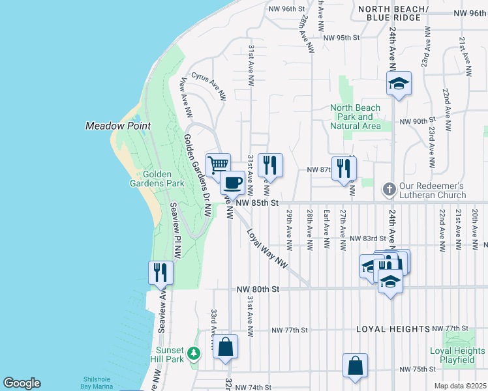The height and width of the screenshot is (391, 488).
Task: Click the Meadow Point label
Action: coord(118,126)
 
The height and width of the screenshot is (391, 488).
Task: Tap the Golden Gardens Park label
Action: coord(164,179)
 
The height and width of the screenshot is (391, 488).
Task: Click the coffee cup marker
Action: coord(232,182)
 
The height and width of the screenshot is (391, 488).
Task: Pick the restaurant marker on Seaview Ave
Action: coord(160,272)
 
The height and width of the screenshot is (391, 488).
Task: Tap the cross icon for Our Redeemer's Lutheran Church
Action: coord(388,190)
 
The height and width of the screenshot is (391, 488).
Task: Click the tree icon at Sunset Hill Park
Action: coord(193,353)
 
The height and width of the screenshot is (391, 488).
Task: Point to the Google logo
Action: coord(22,383)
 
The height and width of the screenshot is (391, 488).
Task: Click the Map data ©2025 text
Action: coord(460,386)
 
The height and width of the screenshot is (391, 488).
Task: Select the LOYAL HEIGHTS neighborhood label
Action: coord(393,329)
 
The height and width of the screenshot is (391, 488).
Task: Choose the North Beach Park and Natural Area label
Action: coord(355,117)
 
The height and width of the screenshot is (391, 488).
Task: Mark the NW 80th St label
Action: coord(258,289)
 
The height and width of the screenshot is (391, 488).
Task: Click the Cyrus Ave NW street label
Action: coord(208,87)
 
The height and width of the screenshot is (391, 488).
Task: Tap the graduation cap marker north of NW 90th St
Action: coord(398,83)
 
